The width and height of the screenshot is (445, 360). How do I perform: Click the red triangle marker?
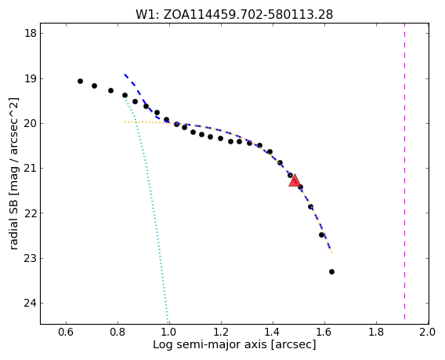pyautogui.click(x=295, y=181)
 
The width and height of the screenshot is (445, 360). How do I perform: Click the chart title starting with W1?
pyautogui.click(x=234, y=14)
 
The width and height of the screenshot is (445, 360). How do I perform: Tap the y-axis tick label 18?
pyautogui.click(x=30, y=33)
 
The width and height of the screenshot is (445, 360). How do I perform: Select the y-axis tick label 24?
pyautogui.click(x=30, y=304)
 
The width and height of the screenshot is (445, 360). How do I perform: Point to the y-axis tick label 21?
pyautogui.click(x=30, y=168)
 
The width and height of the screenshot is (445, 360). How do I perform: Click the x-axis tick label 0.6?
pyautogui.click(x=66, y=332)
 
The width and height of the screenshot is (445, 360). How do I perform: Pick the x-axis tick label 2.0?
pyautogui.click(x=428, y=332)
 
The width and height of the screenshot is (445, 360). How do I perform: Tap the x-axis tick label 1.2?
pyautogui.click(x=221, y=332)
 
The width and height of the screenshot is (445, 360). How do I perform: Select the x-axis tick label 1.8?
pyautogui.click(x=376, y=332)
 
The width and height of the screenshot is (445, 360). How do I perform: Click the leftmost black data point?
pyautogui.click(x=81, y=82)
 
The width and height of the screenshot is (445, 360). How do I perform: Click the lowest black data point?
pyautogui.click(x=331, y=272)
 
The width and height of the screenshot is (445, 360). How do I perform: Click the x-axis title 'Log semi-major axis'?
pyautogui.click(x=210, y=344)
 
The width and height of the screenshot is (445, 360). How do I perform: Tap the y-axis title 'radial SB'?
pyautogui.click(x=13, y=225)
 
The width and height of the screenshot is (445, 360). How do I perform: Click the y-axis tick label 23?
pyautogui.click(x=30, y=258)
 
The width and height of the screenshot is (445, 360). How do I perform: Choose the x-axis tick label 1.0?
pyautogui.click(x=169, y=332)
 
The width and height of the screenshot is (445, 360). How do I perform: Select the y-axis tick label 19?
pyautogui.click(x=30, y=78)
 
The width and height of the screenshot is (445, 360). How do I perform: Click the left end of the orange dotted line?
pyautogui.click(x=125, y=122)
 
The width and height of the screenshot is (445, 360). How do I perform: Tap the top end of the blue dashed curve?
pyautogui.click(x=125, y=75)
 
